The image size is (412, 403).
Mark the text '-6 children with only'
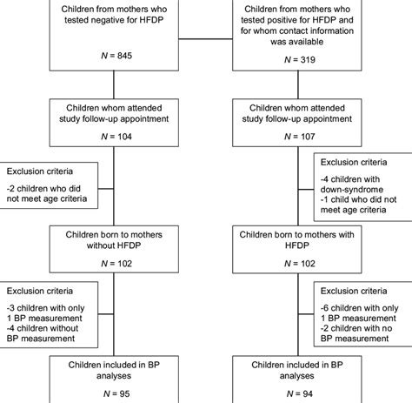[x=360, y=307]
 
